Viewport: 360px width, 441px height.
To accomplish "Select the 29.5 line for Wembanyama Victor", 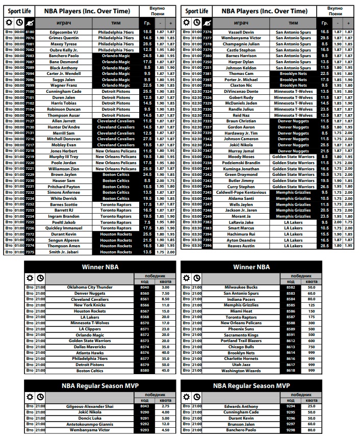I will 324,38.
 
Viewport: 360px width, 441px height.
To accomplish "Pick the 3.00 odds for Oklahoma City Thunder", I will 165,287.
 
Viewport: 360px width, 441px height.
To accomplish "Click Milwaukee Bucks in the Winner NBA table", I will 241,287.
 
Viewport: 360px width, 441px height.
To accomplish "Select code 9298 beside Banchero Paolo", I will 291,430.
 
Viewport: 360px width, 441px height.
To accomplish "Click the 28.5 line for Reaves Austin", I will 324,246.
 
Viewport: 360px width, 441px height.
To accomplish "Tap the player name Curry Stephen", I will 241,187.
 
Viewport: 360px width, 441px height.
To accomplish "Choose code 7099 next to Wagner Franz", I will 30,86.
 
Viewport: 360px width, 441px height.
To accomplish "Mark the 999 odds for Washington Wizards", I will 311,371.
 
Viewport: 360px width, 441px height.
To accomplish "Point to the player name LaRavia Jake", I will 241,222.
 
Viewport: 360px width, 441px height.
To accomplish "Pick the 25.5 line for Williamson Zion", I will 147,169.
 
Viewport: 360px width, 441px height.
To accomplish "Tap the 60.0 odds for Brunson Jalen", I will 311,424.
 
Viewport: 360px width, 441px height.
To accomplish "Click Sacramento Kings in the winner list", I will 241,335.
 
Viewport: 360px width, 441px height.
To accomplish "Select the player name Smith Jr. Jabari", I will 63,252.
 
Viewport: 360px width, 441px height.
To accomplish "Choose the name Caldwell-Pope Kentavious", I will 241,193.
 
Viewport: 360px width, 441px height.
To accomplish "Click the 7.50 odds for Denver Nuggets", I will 165,293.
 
